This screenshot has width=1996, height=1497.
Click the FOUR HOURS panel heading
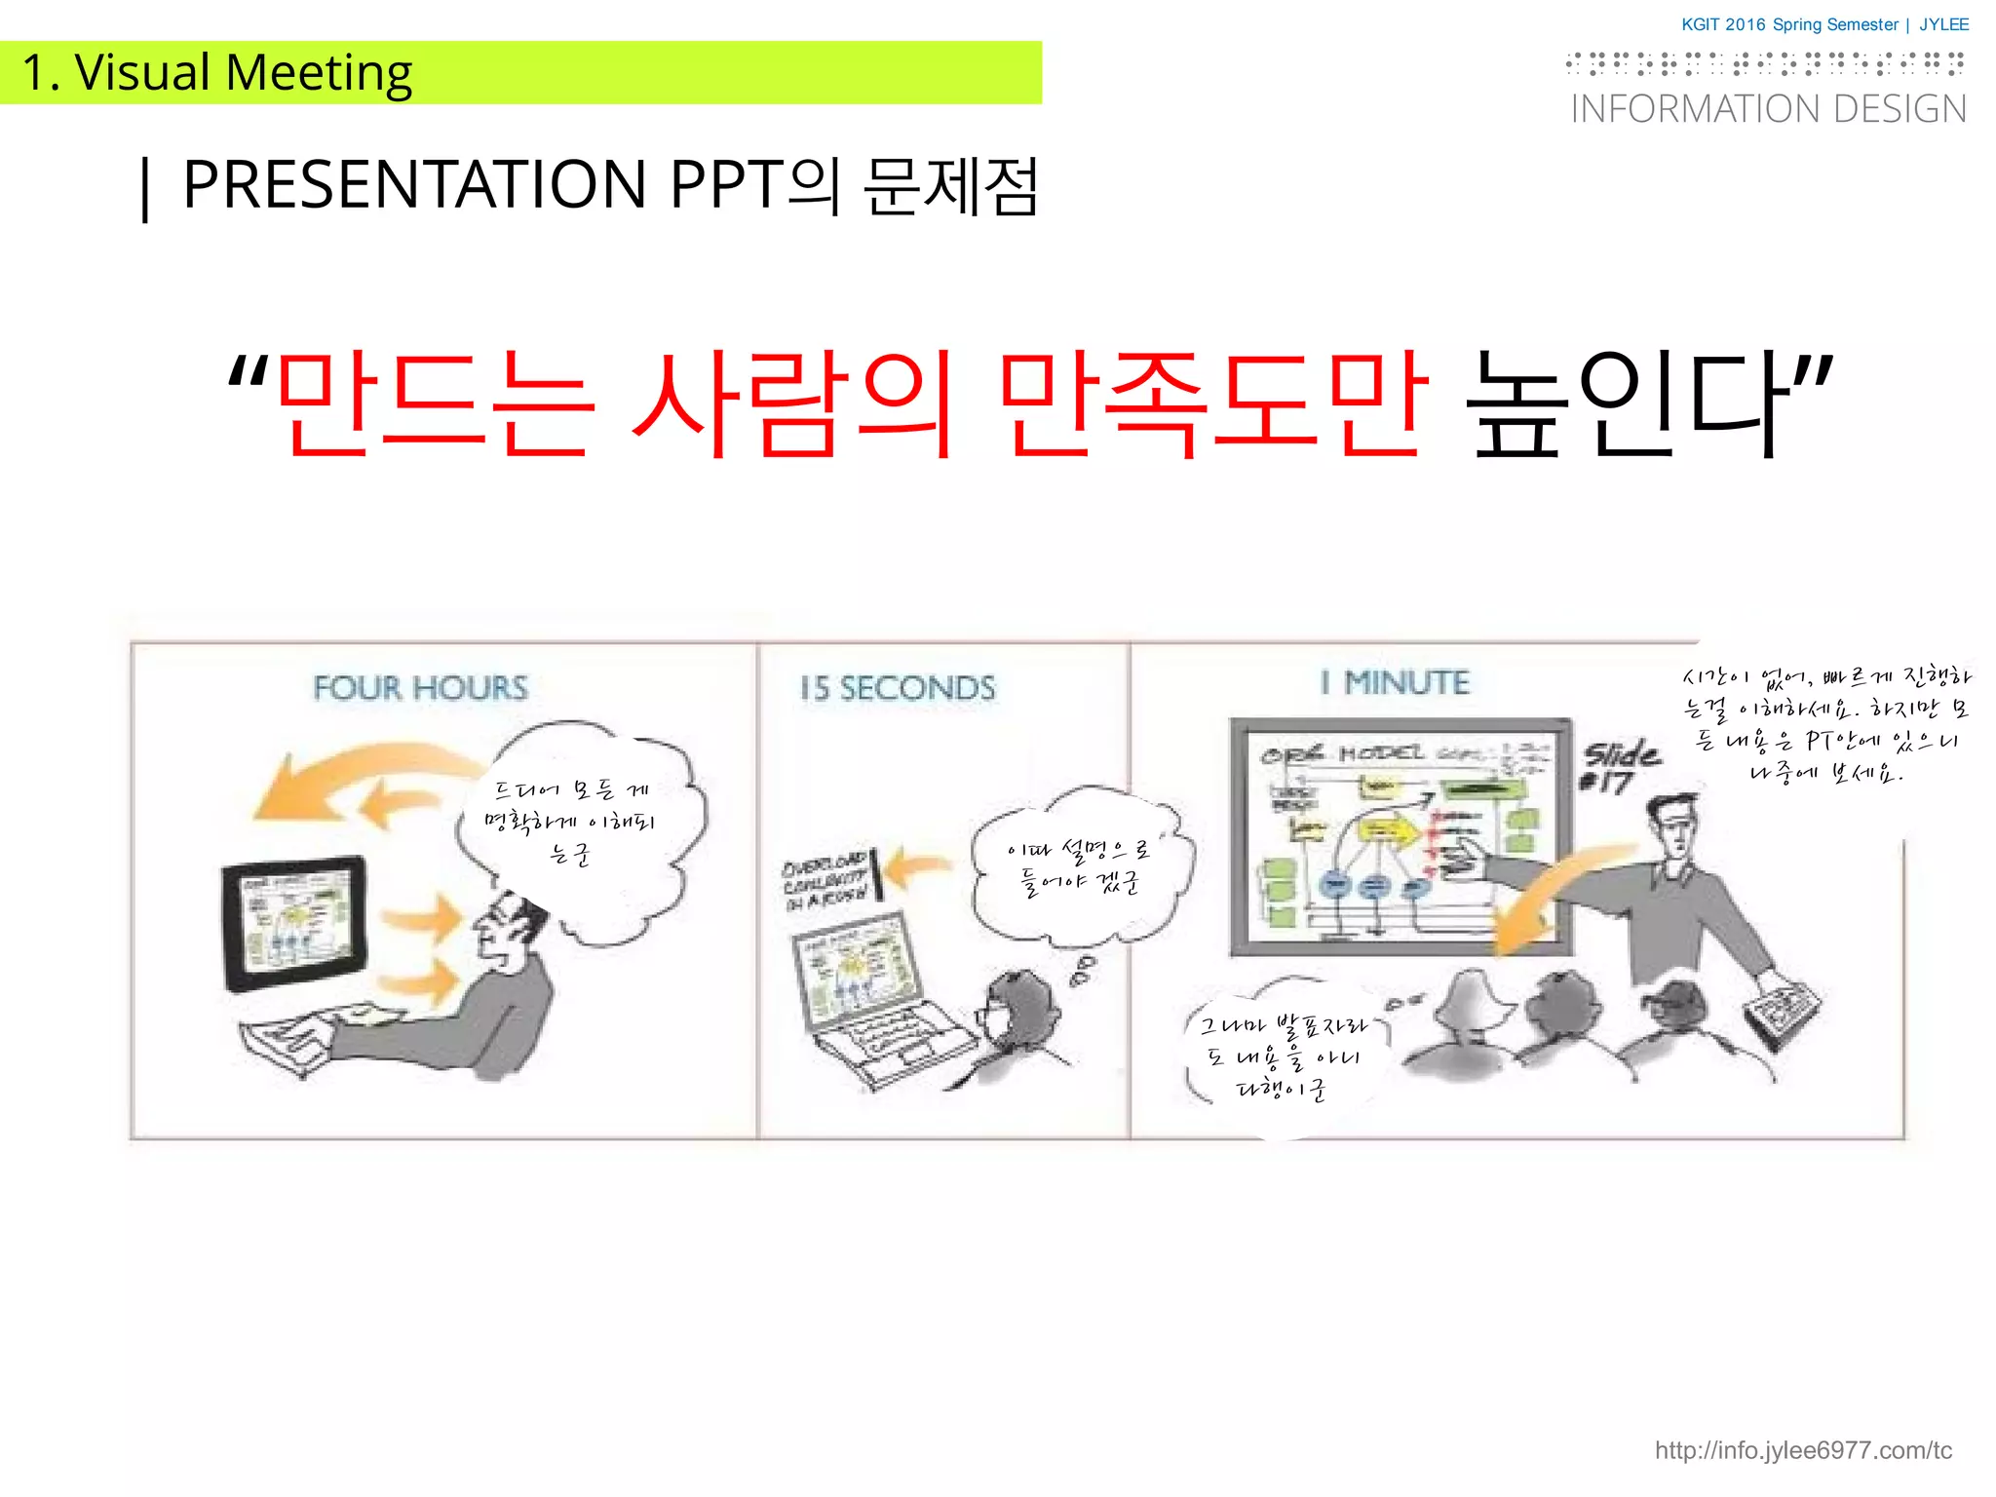point(420,688)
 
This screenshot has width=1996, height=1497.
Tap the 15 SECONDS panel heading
point(898,688)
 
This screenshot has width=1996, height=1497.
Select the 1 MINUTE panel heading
point(1395,682)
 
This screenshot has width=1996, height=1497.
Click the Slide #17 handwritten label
point(1619,767)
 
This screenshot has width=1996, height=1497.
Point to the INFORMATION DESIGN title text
point(1768,109)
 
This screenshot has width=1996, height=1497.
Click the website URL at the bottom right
point(1803,1450)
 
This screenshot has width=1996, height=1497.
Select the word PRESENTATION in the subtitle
point(414,184)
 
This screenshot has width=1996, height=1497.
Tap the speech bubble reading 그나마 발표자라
point(1282,1057)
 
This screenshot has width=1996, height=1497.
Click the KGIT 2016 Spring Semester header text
point(1789,24)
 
